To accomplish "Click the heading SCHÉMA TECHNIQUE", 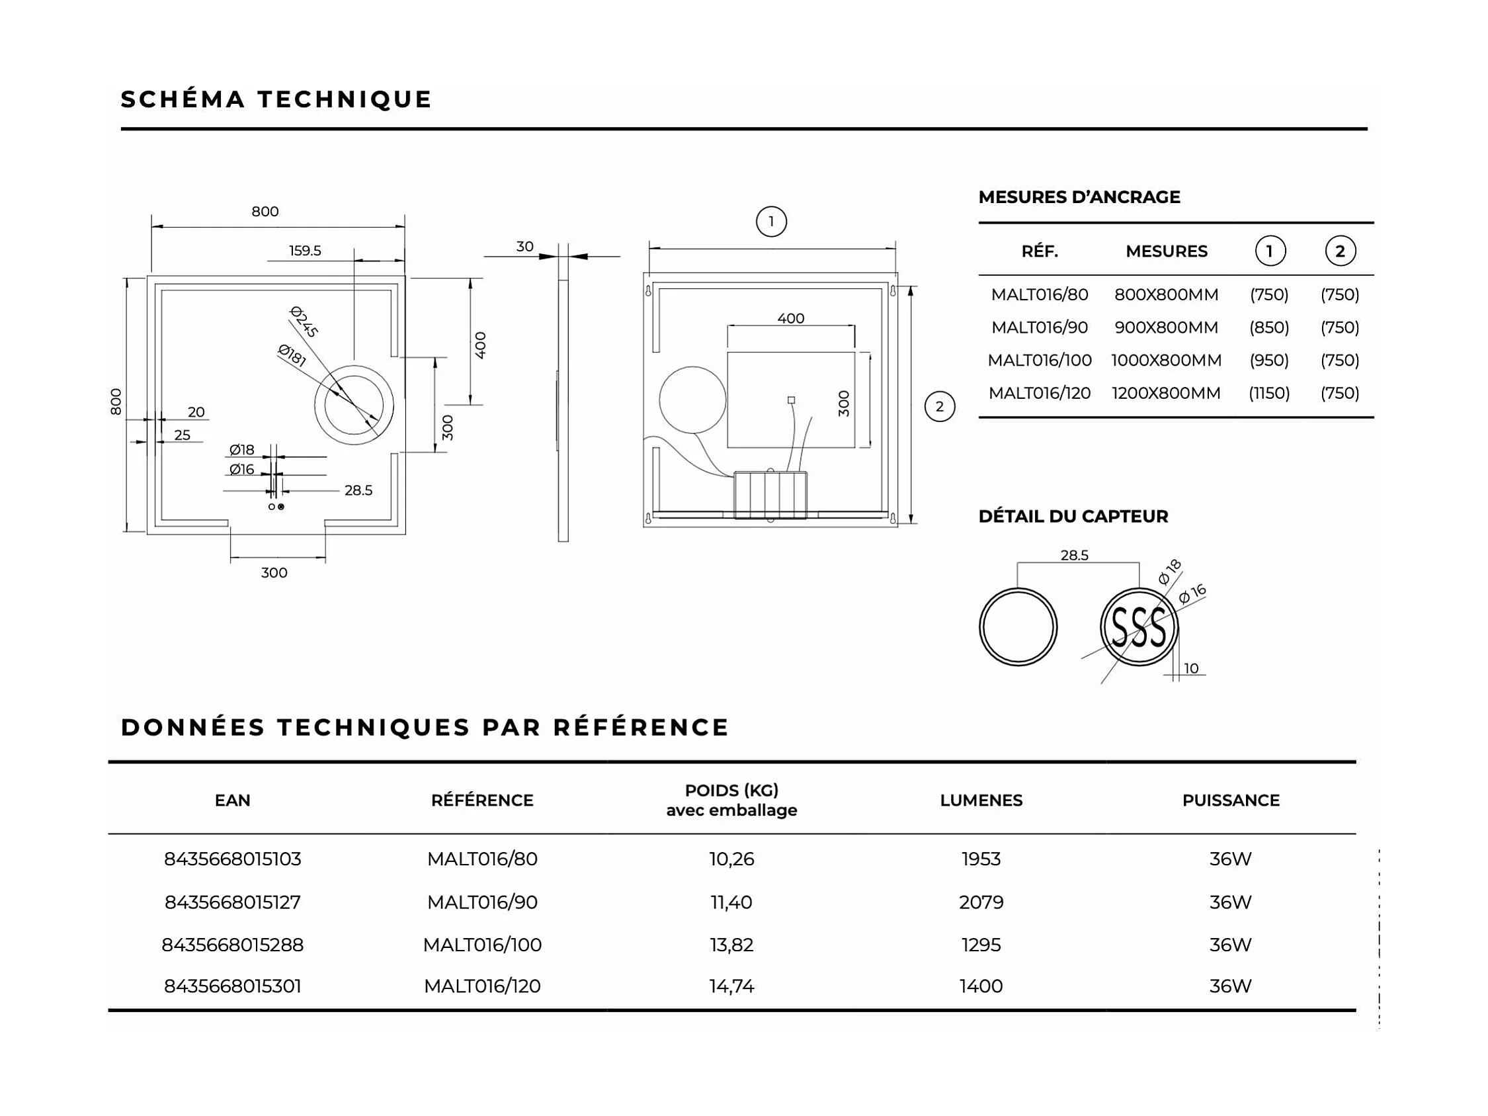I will pos(276,99).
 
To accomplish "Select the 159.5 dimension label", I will pos(305,251).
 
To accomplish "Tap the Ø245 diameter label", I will pos(304,321).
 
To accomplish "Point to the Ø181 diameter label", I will pos(292,355).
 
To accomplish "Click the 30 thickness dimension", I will pos(524,247).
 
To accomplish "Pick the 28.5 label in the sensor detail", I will pos(1073,556).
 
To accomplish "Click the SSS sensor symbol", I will pos(1138,627).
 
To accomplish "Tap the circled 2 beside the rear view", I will pos(939,406).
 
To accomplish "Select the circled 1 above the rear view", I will pos(771,222).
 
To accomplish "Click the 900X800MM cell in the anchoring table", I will pos(1166,327).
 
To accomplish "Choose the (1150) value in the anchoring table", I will pos(1268,393).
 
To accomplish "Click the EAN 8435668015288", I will pos(233,945).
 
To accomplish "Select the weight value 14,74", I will pos(731,986).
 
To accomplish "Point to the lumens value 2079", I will pos(981,902).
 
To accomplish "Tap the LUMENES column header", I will pos(981,800).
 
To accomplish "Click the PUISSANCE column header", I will pos(1230,800).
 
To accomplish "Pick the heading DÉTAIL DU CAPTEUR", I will pos(1073,517).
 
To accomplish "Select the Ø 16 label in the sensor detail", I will pos(1192,594).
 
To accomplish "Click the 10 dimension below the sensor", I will pos(1191,669).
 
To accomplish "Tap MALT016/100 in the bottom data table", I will pos(482,945).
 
